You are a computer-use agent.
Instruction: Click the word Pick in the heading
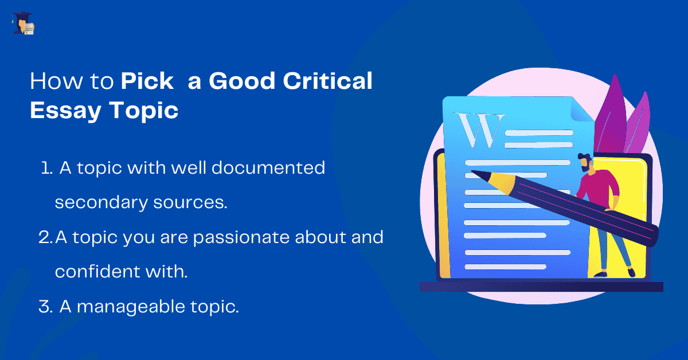click(x=147, y=82)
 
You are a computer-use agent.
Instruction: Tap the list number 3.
click(x=45, y=307)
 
